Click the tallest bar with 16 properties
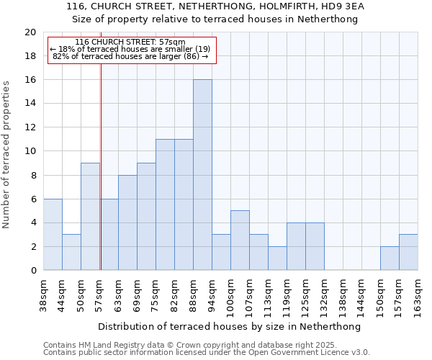(x=202, y=175)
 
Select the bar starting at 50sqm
(x=90, y=217)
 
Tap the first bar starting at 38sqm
(x=53, y=235)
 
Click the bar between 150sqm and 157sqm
(x=390, y=258)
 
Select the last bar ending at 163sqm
(x=408, y=253)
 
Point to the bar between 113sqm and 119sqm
(x=277, y=258)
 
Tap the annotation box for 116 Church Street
(x=132, y=50)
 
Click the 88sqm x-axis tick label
(x=193, y=292)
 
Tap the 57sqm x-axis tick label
(x=99, y=292)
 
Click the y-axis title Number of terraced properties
(x=7, y=154)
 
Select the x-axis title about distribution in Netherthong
(x=229, y=326)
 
